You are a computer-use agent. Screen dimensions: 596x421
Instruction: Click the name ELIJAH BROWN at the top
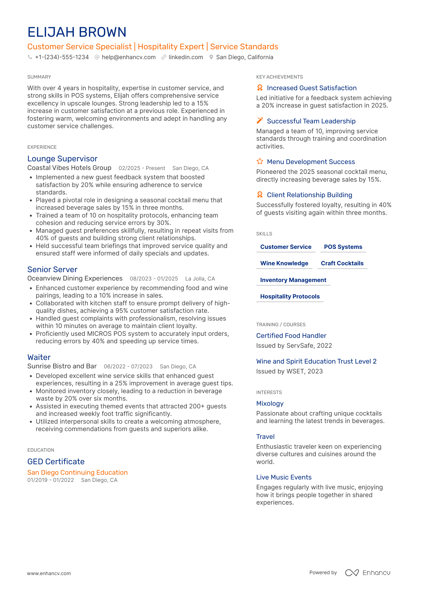click(x=77, y=32)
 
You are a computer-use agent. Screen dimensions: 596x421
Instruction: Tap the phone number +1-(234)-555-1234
click(x=62, y=57)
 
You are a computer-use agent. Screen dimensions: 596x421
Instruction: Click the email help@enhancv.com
click(x=128, y=57)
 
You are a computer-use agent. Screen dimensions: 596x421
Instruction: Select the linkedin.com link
click(x=185, y=57)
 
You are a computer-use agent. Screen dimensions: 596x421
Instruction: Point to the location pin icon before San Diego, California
click(x=211, y=57)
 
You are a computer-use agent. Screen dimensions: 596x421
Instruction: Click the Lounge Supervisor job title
click(x=62, y=159)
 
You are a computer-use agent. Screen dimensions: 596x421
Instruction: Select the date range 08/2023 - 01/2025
click(x=154, y=279)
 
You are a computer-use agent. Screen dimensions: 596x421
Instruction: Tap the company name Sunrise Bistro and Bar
click(x=62, y=366)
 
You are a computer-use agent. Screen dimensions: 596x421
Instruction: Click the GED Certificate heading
click(x=56, y=462)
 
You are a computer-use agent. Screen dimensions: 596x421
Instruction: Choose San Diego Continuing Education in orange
click(x=77, y=473)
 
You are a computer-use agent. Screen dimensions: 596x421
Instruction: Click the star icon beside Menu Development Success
click(x=260, y=162)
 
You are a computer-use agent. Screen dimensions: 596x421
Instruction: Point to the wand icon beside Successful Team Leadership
click(x=260, y=121)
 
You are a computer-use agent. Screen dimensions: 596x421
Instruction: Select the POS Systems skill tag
click(x=343, y=247)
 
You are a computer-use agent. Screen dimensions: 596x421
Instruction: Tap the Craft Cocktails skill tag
click(x=342, y=263)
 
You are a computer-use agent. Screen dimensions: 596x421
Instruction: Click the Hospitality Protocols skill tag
click(x=290, y=297)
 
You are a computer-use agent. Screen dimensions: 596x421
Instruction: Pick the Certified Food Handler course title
click(x=291, y=336)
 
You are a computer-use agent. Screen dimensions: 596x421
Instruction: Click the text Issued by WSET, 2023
click(x=289, y=371)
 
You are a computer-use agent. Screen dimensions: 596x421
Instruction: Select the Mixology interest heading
click(x=270, y=404)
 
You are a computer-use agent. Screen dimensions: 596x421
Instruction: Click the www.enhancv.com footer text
click(x=49, y=574)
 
